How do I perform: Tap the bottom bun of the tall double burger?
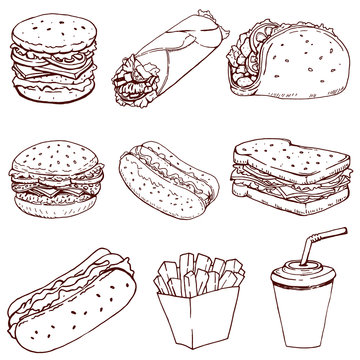pos(53,96)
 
